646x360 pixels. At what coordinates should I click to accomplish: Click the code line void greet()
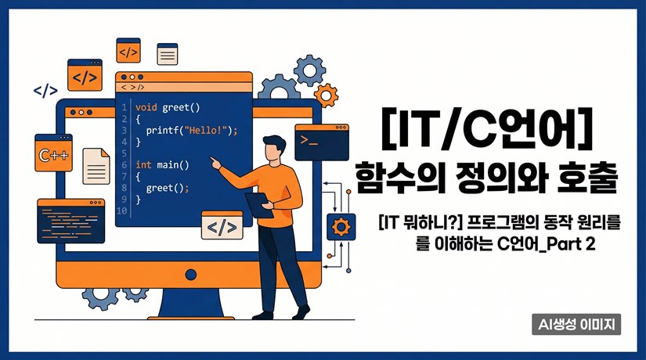[x=168, y=107]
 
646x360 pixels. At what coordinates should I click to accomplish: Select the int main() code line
[x=162, y=164]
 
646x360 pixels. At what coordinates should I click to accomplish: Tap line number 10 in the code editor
[x=121, y=211]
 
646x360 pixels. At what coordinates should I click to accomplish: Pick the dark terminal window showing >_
[x=320, y=141]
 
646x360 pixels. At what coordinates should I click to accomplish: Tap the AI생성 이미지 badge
[x=575, y=323]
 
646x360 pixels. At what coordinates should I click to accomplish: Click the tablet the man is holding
[x=258, y=205]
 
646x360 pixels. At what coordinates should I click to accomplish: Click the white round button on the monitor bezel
[x=189, y=274]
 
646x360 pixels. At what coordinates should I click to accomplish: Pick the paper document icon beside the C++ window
[x=96, y=165]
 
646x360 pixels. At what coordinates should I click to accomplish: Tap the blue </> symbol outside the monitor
[x=45, y=91]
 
